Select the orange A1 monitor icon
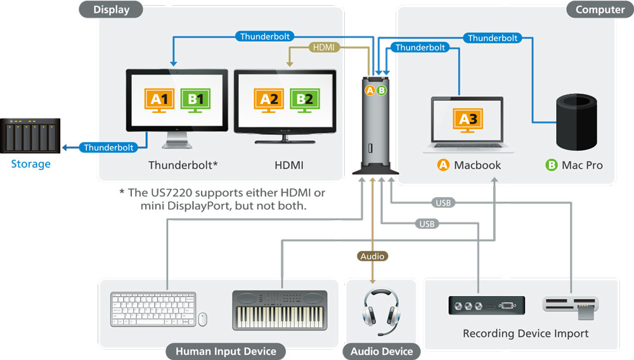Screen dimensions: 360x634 [x=159, y=100]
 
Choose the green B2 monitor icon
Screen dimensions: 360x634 [x=305, y=100]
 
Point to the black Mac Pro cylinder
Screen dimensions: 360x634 [x=576, y=121]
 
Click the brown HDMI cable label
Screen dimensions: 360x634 [x=324, y=47]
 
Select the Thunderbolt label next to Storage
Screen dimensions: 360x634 [x=109, y=148]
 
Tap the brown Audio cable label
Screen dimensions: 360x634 [x=372, y=256]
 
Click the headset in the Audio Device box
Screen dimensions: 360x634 [x=381, y=311]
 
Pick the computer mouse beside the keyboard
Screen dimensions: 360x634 [x=203, y=319]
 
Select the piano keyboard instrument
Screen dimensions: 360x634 [x=280, y=309]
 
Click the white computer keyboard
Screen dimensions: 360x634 [x=153, y=309]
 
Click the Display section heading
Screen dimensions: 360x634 [x=111, y=10]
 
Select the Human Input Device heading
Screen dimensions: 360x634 [x=226, y=351]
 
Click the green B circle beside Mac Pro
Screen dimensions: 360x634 [x=552, y=165]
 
